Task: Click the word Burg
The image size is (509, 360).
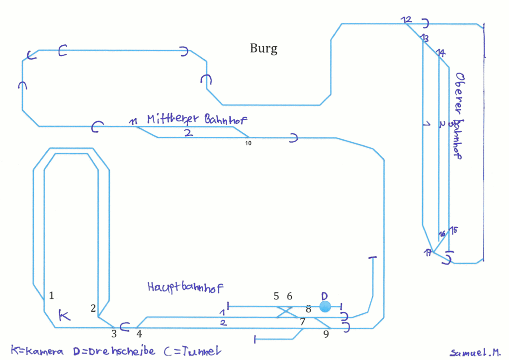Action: pyautogui.click(x=263, y=49)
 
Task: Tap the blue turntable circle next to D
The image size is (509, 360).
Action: pyautogui.click(x=325, y=307)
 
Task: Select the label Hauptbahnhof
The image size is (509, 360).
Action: pyautogui.click(x=185, y=287)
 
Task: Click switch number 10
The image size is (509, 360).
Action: pyautogui.click(x=249, y=143)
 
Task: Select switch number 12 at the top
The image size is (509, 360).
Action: pyautogui.click(x=407, y=20)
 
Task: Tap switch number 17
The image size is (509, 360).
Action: pyautogui.click(x=428, y=253)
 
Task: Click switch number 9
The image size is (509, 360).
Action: pyautogui.click(x=326, y=334)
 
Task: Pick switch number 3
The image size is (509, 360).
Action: pyautogui.click(x=113, y=333)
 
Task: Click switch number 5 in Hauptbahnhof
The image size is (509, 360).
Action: pyautogui.click(x=276, y=296)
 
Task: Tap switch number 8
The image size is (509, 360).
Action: pyautogui.click(x=308, y=309)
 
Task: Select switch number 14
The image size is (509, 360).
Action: pyautogui.click(x=441, y=53)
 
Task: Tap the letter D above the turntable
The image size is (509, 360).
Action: pyautogui.click(x=324, y=295)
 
